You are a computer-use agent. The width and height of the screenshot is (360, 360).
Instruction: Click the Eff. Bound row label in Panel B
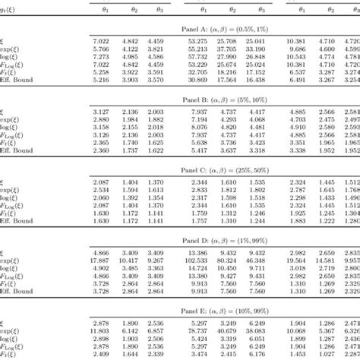[17, 150]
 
